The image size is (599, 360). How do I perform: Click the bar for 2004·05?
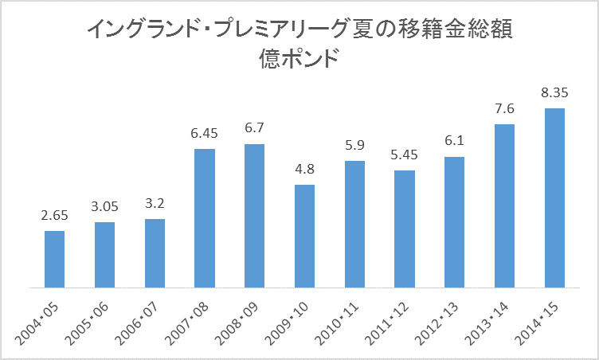pyautogui.click(x=54, y=259)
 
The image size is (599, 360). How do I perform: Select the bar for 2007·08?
pyautogui.click(x=205, y=218)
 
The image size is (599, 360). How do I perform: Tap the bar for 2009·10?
pyautogui.click(x=304, y=237)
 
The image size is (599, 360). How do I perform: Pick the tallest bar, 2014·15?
pyautogui.click(x=554, y=198)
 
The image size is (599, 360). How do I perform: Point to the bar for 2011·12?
pyautogui.click(x=405, y=229)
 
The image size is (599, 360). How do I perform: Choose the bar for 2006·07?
pyautogui.click(x=155, y=253)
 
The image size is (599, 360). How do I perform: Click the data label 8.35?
pyautogui.click(x=554, y=93)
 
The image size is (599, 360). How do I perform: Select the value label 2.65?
pyautogui.click(x=55, y=216)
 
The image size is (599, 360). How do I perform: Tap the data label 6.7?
pyautogui.click(x=254, y=128)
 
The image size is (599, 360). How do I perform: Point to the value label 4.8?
pyautogui.click(x=305, y=169)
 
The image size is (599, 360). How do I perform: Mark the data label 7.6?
pyautogui.click(x=505, y=109)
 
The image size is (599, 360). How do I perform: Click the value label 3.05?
pyautogui.click(x=104, y=207)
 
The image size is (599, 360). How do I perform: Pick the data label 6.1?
pyautogui.click(x=455, y=141)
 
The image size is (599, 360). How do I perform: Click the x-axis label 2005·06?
pyautogui.click(x=86, y=323)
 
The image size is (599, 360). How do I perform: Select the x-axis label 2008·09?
pyautogui.click(x=236, y=323)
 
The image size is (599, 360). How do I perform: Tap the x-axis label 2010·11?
pyautogui.click(x=337, y=323)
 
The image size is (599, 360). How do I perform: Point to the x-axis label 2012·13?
pyautogui.click(x=437, y=323)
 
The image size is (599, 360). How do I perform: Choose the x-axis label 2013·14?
pyautogui.click(x=487, y=323)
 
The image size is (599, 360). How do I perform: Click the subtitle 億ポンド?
pyautogui.click(x=299, y=59)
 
